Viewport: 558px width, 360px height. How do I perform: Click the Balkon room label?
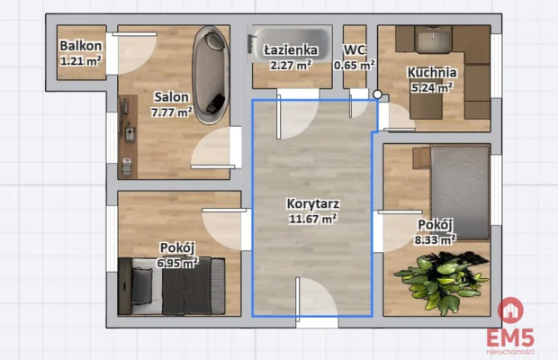tap(81, 46)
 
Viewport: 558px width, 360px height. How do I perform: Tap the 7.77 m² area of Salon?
tap(172, 112)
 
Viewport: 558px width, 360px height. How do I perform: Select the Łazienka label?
tap(291, 49)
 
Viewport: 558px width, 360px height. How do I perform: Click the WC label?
tap(354, 50)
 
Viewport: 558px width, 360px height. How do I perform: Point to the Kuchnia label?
tap(432, 73)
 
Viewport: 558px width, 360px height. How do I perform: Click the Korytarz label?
tap(313, 203)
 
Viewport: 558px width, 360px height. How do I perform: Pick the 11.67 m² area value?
tap(313, 219)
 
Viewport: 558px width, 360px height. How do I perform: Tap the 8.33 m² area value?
tap(435, 239)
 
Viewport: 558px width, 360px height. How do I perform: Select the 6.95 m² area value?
tap(177, 263)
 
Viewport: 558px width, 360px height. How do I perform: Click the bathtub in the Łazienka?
tap(290, 44)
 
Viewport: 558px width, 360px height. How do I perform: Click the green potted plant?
tap(442, 282)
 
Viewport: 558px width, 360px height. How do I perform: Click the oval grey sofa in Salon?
tap(211, 75)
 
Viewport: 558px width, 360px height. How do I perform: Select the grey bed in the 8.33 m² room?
tap(460, 193)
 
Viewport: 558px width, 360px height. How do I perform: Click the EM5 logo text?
tap(510, 337)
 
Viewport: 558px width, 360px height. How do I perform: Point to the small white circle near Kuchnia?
tap(378, 94)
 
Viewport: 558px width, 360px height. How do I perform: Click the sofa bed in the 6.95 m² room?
tap(172, 286)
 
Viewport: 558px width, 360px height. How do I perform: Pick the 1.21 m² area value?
tap(81, 61)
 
